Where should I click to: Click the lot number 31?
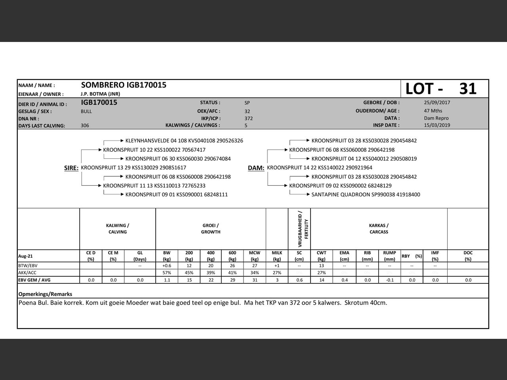tap(468, 89)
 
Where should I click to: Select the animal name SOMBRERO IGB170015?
tap(124, 85)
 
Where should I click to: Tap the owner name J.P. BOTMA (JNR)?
tap(100, 94)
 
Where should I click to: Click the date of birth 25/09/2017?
tap(437, 103)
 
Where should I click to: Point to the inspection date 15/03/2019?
tap(437, 125)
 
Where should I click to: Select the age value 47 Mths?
tap(433, 111)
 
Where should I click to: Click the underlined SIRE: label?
tap(71, 168)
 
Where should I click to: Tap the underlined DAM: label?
tap(256, 168)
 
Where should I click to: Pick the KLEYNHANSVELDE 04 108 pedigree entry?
tap(184, 141)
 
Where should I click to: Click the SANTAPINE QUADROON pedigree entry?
tap(366, 194)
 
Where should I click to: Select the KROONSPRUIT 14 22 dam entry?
tap(320, 167)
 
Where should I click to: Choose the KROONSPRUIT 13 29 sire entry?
tap(133, 168)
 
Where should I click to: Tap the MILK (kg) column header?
tap(277, 256)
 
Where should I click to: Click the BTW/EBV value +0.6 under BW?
tap(167, 266)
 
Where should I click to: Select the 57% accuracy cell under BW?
tap(167, 273)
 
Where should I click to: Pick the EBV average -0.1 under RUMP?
tap(389, 280)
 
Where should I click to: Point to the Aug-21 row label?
tap(25, 256)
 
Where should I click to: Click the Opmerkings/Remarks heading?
tap(45, 294)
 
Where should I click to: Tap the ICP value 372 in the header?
tap(249, 118)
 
